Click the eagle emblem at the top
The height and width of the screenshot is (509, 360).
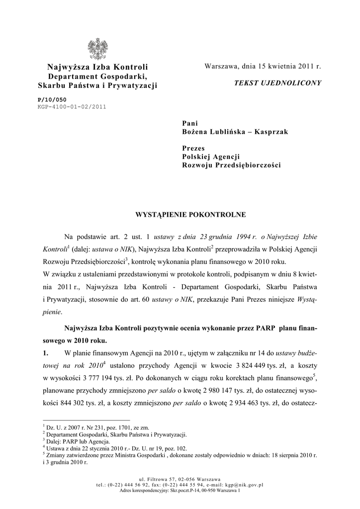(x=97, y=49)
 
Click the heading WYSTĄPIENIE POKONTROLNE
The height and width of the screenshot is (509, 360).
(x=184, y=215)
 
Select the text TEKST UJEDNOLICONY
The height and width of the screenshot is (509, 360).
(x=278, y=83)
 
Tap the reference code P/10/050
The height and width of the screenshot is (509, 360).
(x=52, y=100)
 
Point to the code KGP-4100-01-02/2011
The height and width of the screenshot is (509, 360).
(x=72, y=106)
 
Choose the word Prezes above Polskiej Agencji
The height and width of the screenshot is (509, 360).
(x=194, y=148)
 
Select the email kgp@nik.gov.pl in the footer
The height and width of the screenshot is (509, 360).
(x=241, y=485)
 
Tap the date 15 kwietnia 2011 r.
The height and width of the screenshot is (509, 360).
(x=289, y=66)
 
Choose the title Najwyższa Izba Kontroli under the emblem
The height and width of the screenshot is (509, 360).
(x=98, y=67)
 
